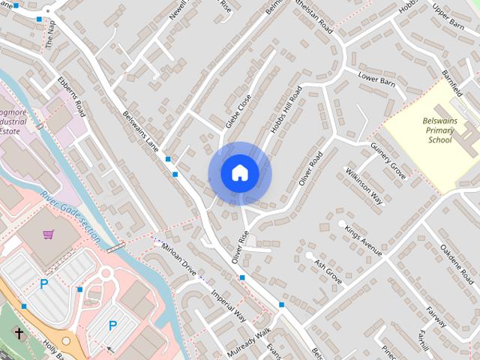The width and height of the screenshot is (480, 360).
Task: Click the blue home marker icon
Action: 239,173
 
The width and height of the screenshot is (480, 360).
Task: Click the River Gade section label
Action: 71,215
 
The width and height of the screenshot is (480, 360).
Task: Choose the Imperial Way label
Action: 228,305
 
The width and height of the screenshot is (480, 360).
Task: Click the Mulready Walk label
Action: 250,340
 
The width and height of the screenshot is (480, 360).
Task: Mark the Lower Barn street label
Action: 376,79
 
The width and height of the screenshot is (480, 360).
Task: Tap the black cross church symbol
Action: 19,333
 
